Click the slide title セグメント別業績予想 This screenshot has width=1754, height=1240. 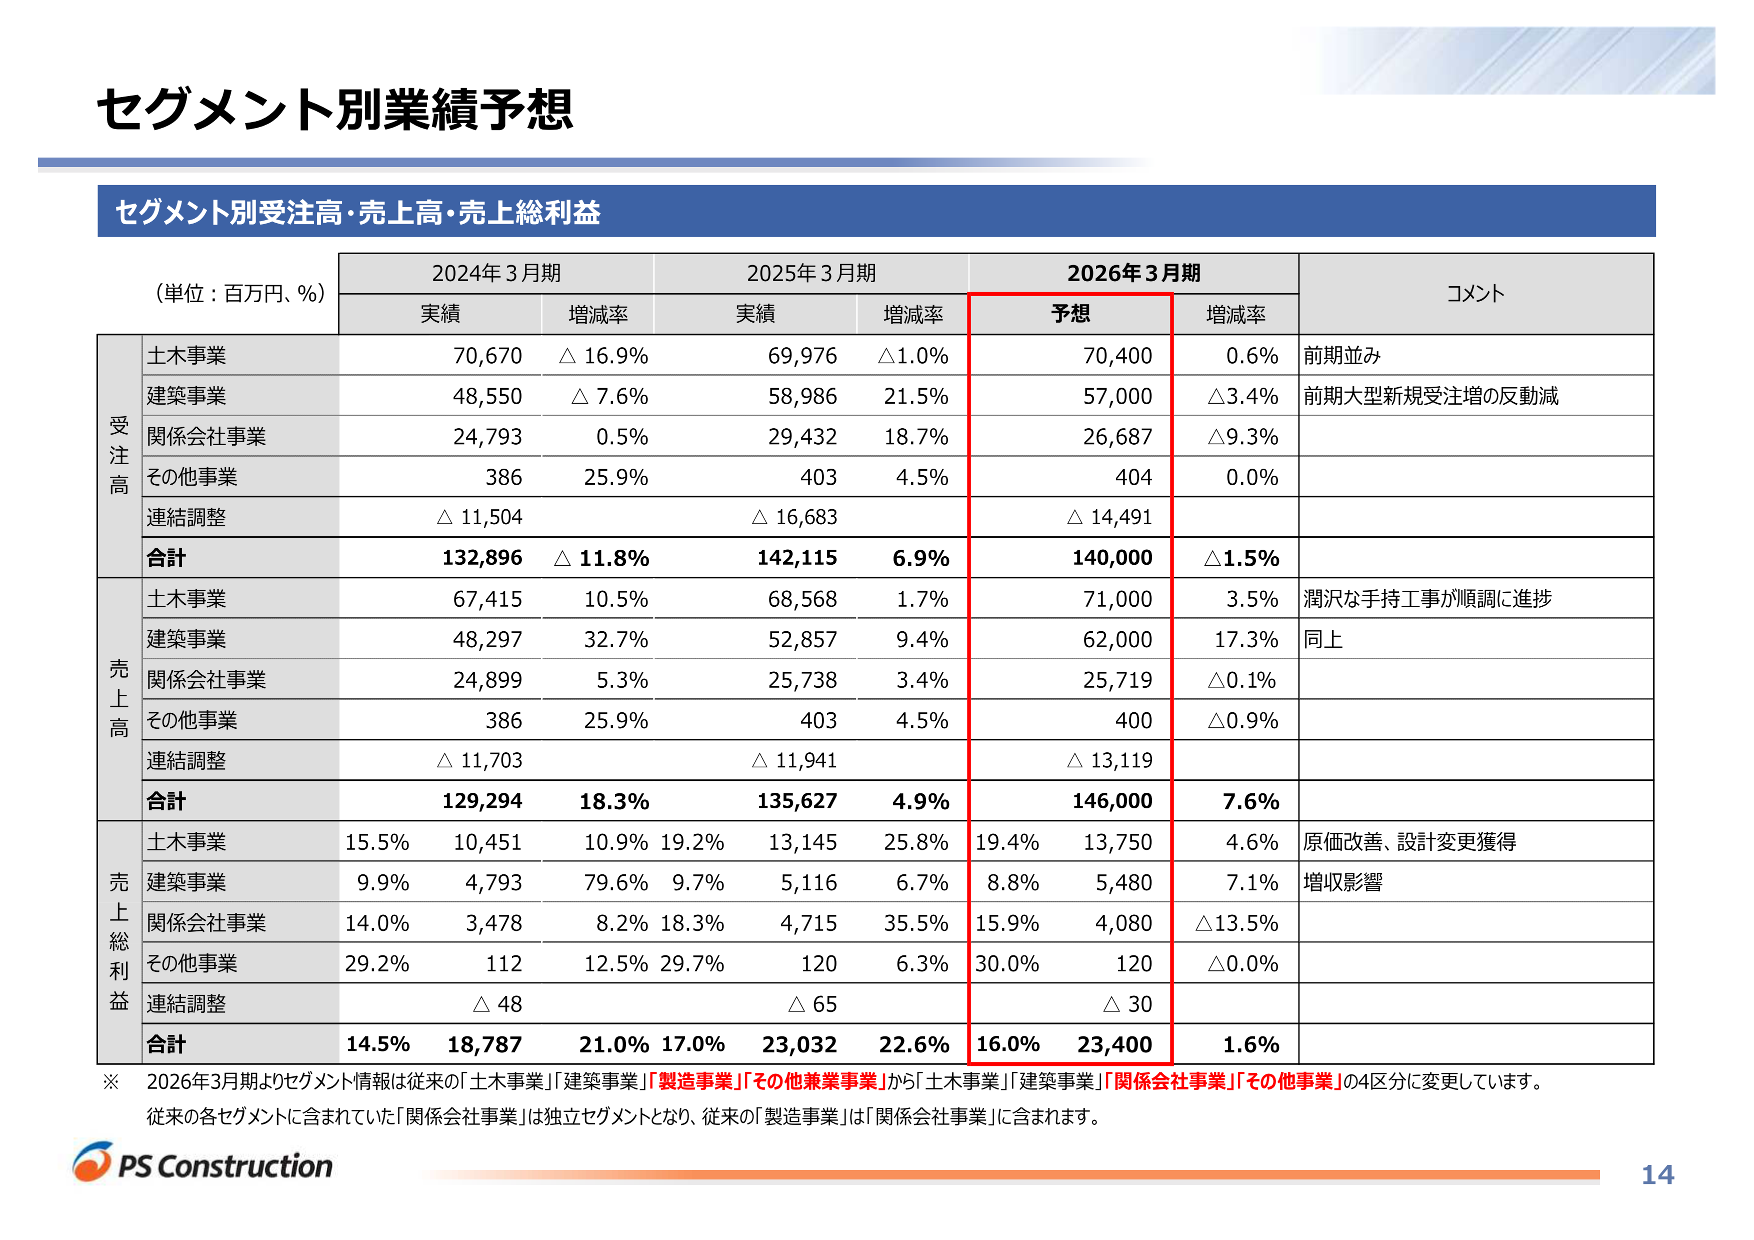[x=334, y=109]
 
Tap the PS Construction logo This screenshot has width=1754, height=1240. [x=203, y=1163]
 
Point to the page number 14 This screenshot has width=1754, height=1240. [x=1657, y=1174]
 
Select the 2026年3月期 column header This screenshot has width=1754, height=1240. [x=1133, y=273]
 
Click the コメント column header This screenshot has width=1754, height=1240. [x=1475, y=294]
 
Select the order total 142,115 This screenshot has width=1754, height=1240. [x=797, y=558]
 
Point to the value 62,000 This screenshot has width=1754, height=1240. [x=1117, y=639]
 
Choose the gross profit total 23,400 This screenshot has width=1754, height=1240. [x=1114, y=1044]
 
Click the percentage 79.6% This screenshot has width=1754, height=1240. [x=615, y=882]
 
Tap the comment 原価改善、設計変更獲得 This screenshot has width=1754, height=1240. [x=1409, y=842]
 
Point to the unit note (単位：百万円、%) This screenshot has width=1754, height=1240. [x=240, y=294]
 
